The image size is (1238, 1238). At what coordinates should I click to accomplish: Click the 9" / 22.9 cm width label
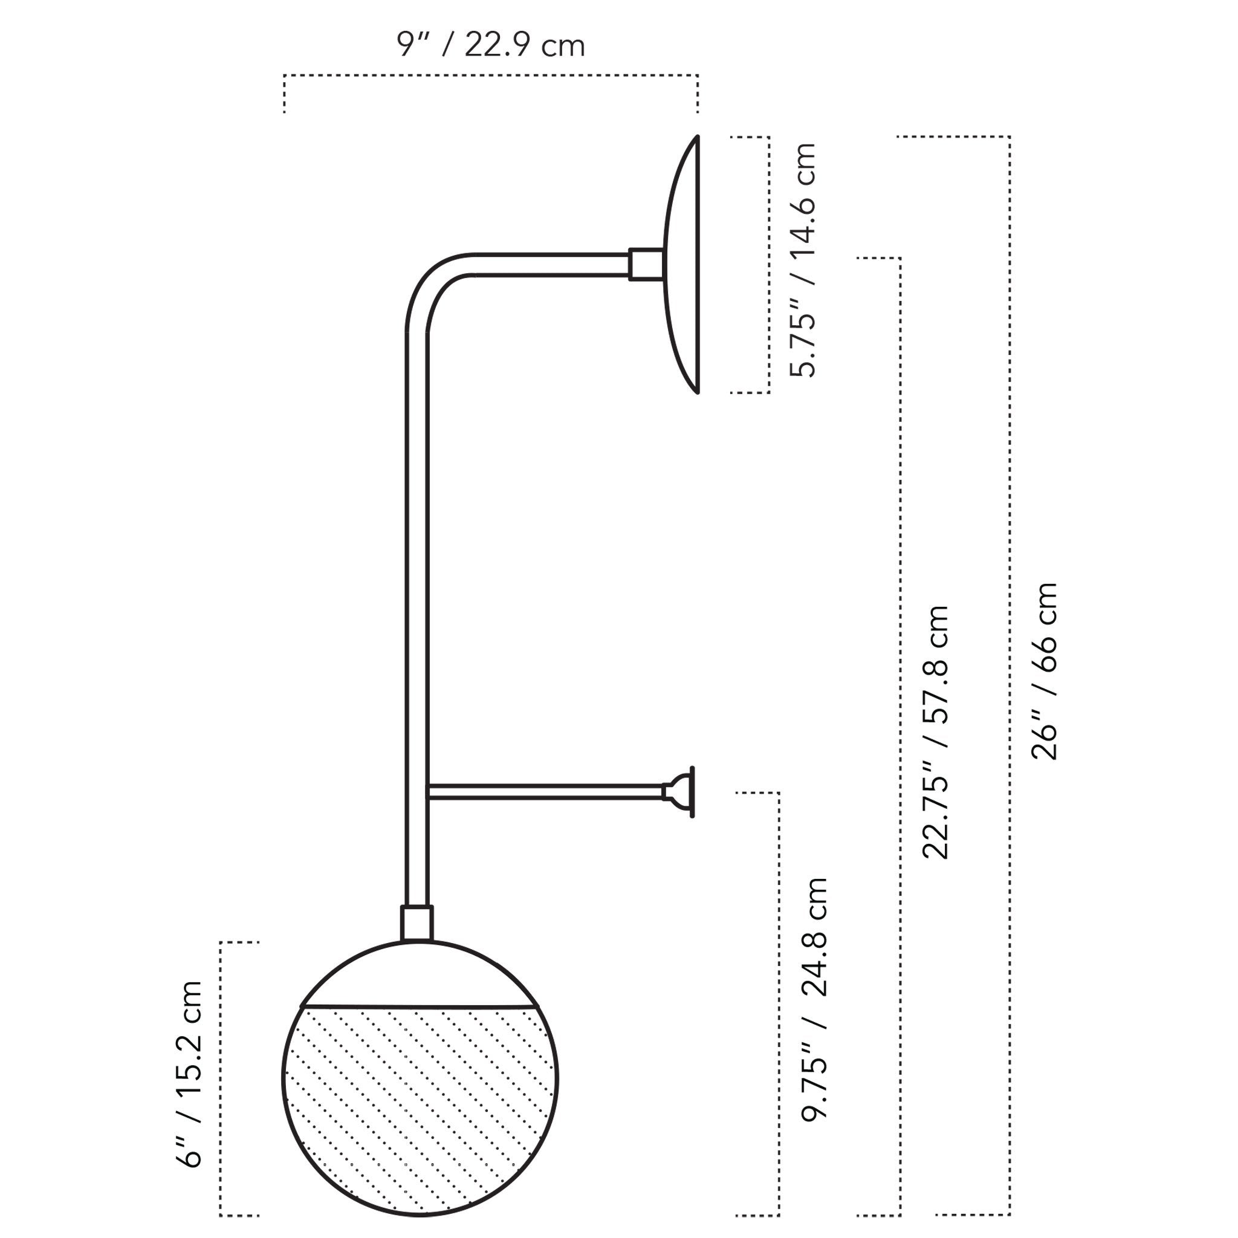[490, 45]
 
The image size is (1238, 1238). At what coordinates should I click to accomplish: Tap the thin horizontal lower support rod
[545, 791]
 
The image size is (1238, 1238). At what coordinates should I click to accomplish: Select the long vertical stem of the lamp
[417, 577]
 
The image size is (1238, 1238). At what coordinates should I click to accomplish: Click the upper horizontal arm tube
[551, 265]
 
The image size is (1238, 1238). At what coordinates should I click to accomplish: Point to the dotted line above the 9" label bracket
[490, 76]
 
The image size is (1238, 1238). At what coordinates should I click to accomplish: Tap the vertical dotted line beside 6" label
[221, 1089]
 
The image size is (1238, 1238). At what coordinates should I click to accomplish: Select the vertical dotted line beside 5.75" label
[768, 264]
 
